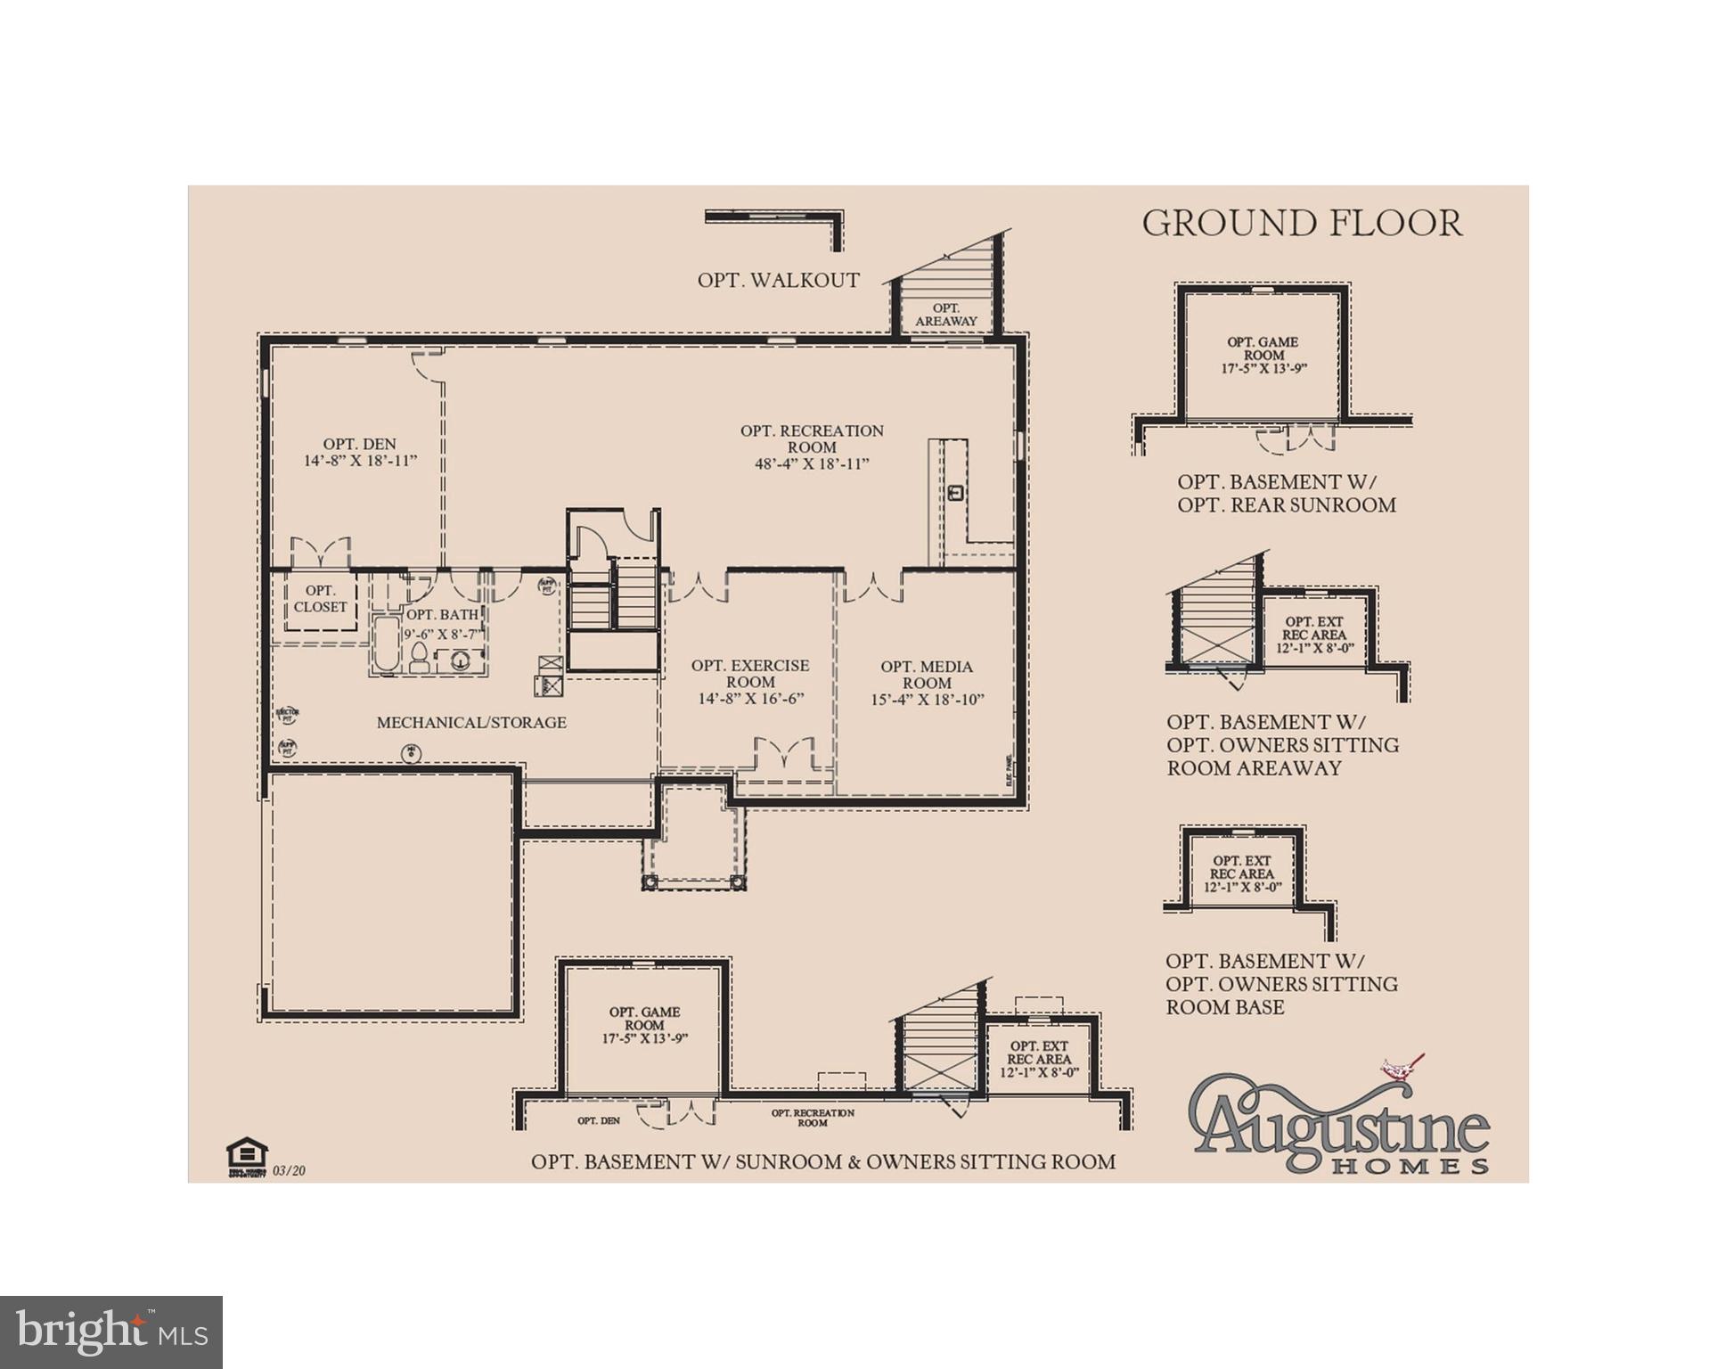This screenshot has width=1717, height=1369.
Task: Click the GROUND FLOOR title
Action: point(1302,223)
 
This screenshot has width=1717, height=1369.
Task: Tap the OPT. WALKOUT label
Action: point(778,280)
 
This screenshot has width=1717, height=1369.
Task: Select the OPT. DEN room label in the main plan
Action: point(360,452)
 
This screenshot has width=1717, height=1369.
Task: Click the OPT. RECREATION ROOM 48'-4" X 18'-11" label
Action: point(812,447)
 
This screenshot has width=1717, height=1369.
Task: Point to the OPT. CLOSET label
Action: point(320,599)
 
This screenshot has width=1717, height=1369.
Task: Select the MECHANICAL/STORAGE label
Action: point(471,723)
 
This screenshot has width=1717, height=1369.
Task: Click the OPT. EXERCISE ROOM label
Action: point(750,682)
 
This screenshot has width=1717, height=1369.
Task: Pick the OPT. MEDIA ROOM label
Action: point(927,683)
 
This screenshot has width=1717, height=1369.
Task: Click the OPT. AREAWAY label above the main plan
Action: point(946,315)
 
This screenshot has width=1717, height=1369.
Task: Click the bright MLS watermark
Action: point(111,1332)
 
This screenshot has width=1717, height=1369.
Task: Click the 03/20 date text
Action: point(290,1170)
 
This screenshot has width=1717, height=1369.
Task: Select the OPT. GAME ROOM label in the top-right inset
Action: point(1263,355)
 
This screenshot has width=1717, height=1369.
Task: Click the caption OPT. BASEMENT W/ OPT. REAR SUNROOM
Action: point(1286,494)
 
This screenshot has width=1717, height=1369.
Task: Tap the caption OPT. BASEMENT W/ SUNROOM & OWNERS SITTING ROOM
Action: point(822,1162)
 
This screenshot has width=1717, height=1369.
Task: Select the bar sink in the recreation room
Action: point(956,492)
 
